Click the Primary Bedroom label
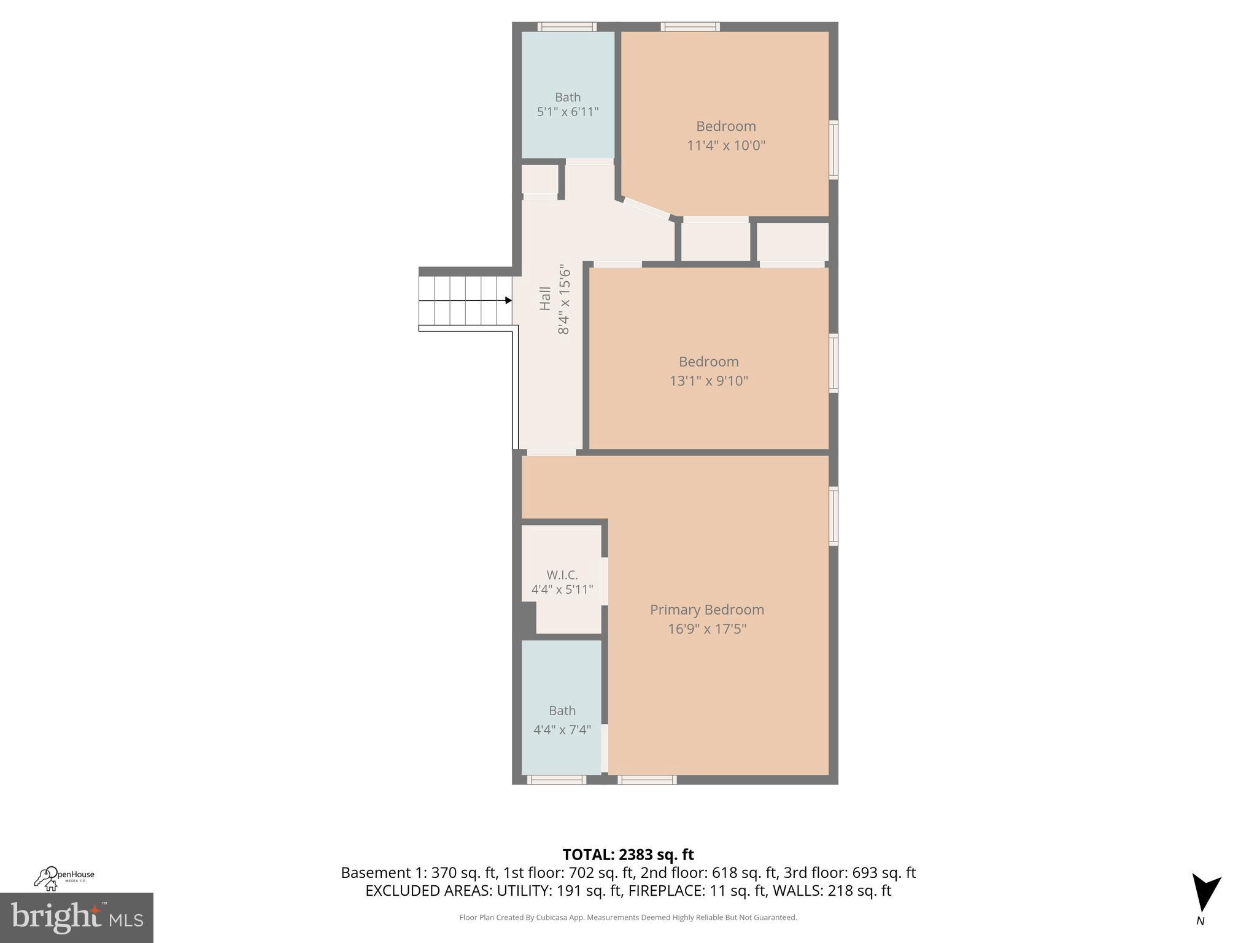pyautogui.click(x=707, y=610)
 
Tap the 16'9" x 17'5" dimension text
pyautogui.click(x=707, y=629)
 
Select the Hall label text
pyautogui.click(x=545, y=299)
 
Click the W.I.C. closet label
pyautogui.click(x=562, y=575)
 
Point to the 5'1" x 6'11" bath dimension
pyautogui.click(x=568, y=112)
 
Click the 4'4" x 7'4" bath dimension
pyautogui.click(x=562, y=729)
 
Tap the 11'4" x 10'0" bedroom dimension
pyautogui.click(x=726, y=146)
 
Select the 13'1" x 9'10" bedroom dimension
pyautogui.click(x=709, y=381)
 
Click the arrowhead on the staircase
pyautogui.click(x=508, y=300)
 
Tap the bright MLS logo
pyautogui.click(x=77, y=917)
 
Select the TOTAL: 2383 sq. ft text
pyautogui.click(x=628, y=855)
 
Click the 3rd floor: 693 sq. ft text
pyautogui.click(x=849, y=872)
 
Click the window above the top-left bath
pyautogui.click(x=567, y=26)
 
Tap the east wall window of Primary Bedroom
pyautogui.click(x=833, y=516)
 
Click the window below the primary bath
pyautogui.click(x=557, y=780)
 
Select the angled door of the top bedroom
pyautogui.click(x=646, y=208)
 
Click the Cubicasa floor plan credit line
pyautogui.click(x=628, y=917)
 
